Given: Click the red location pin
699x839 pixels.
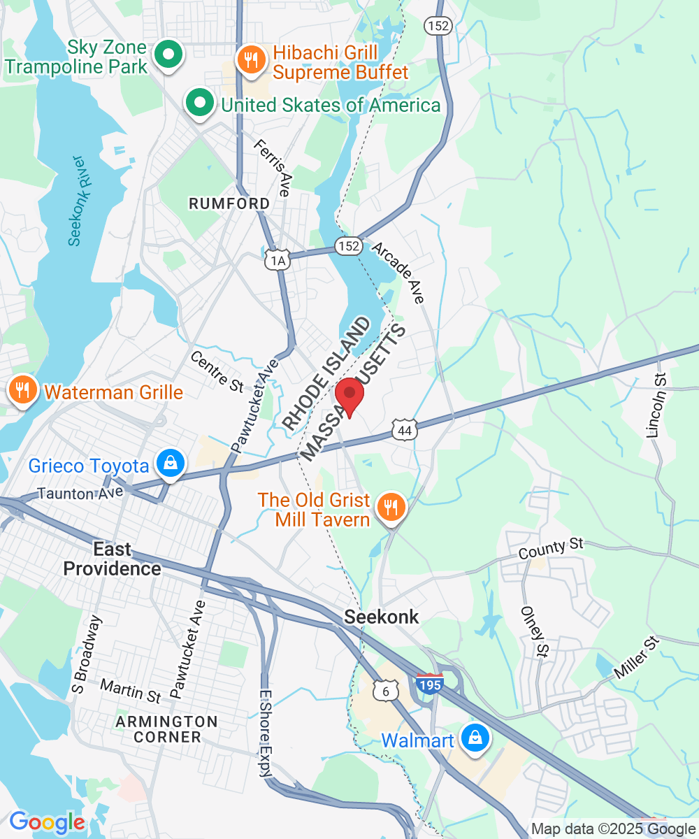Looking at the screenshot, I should pyautogui.click(x=349, y=396).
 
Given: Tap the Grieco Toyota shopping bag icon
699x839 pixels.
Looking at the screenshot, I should pyautogui.click(x=170, y=464).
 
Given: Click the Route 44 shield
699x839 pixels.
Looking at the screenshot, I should pyautogui.click(x=405, y=429).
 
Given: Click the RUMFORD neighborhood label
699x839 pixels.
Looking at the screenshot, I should pyautogui.click(x=229, y=203).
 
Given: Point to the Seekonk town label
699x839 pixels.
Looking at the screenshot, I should pyautogui.click(x=382, y=617).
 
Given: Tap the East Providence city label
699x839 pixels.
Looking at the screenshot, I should pyautogui.click(x=112, y=559).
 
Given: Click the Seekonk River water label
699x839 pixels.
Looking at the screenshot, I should pyautogui.click(x=80, y=201).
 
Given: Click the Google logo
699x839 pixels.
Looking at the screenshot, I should pyautogui.click(x=47, y=822).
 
